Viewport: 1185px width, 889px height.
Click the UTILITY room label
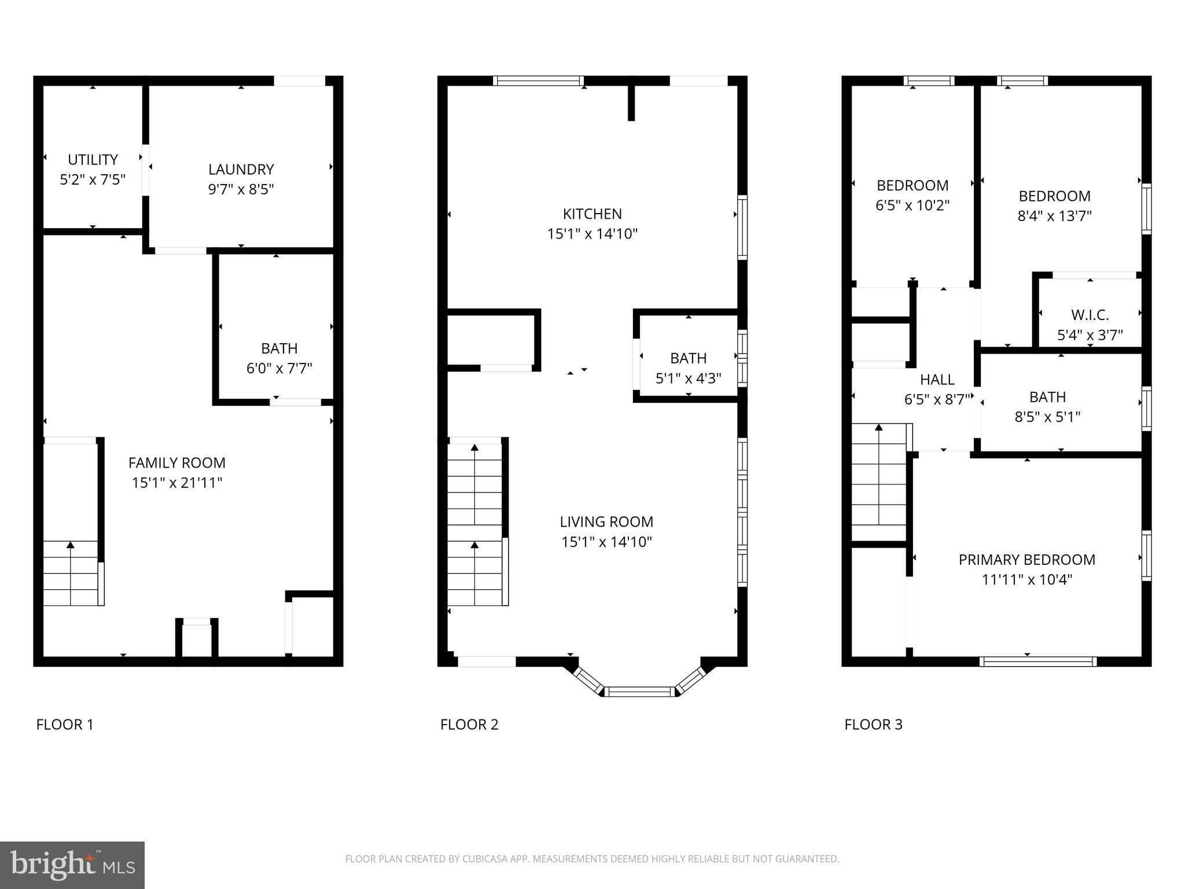coord(93,160)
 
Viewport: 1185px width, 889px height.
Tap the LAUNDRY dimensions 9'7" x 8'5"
coord(241,189)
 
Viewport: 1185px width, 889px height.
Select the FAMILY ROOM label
coord(177,463)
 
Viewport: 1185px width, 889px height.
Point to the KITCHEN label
coord(592,214)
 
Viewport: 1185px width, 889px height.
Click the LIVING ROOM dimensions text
coord(606,542)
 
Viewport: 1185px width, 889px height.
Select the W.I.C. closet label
coord(1090,315)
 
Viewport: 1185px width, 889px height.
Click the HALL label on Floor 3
coord(937,380)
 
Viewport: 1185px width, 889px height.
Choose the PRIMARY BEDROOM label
coord(1027,560)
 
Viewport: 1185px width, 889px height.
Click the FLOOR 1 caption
coord(65,725)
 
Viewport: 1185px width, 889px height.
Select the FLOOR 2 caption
coord(469,725)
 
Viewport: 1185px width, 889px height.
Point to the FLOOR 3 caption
coord(873,725)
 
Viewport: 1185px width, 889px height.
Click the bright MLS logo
coord(72,865)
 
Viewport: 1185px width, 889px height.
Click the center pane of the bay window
coord(640,691)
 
